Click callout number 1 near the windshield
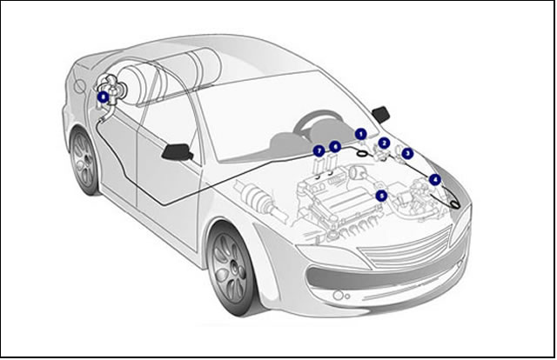point(360,133)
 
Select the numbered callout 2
point(384,142)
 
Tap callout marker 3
point(407,153)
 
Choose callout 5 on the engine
point(381,196)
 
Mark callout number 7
point(319,150)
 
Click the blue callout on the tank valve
point(103,97)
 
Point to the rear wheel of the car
point(84,162)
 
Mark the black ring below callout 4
point(454,203)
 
